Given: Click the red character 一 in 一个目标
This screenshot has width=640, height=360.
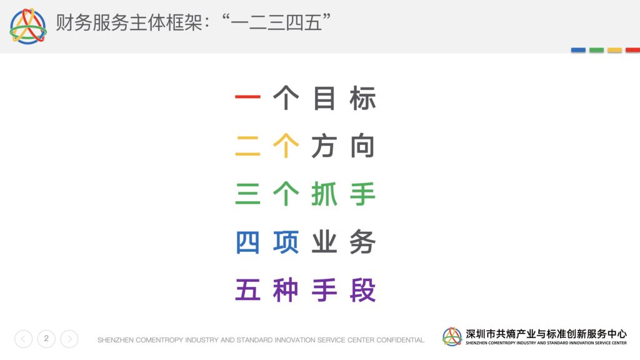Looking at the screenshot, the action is tap(247, 97).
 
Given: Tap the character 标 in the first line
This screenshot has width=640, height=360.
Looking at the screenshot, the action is tap(362, 98).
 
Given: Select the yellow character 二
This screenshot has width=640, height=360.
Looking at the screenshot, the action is tap(247, 146).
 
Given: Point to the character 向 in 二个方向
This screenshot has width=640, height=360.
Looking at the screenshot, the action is tap(362, 146).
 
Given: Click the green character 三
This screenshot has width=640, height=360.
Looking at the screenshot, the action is tap(247, 194).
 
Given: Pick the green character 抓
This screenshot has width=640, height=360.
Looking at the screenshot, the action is tap(324, 194).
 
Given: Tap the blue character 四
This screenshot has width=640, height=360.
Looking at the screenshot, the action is tap(247, 242).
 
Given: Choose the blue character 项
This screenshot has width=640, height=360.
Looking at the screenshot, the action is tap(286, 242).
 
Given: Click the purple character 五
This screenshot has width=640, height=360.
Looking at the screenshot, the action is tap(247, 290).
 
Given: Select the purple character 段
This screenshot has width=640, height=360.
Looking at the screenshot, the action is tap(362, 290).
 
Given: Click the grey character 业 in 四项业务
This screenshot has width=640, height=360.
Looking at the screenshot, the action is tap(324, 242).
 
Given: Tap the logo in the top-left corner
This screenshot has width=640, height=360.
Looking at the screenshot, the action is tap(27, 26).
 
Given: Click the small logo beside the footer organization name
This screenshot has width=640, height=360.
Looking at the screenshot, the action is tap(452, 337).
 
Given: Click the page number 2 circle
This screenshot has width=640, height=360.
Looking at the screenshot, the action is tap(46, 339).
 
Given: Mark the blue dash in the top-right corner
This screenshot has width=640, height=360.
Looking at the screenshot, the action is tap(578, 50).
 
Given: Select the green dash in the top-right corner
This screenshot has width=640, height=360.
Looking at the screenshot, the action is tap(596, 50).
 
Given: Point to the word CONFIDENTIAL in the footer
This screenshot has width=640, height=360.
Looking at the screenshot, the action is tap(400, 340).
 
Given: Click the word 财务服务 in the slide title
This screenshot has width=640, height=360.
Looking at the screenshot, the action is tap(92, 22).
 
